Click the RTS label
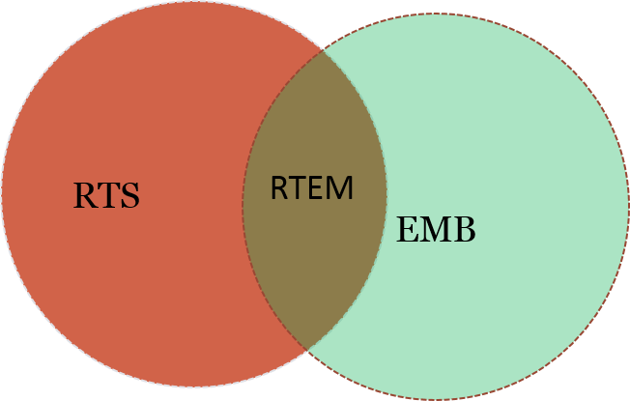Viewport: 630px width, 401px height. pyautogui.click(x=106, y=196)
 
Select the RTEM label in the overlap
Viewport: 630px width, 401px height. pyautogui.click(x=312, y=187)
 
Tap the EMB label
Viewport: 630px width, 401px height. pyautogui.click(x=436, y=230)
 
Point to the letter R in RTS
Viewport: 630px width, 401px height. pyautogui.click(x=85, y=196)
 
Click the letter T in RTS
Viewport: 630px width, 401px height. pyautogui.click(x=107, y=196)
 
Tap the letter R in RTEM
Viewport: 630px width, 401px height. pyautogui.click(x=279, y=187)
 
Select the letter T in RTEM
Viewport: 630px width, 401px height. pyautogui.click(x=297, y=187)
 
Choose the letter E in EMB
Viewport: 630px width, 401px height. pyautogui.click(x=407, y=230)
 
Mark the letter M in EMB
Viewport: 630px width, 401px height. pyautogui.click(x=434, y=230)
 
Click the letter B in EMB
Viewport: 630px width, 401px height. pyautogui.click(x=464, y=230)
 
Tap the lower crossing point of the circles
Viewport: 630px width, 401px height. pyautogui.click(x=307, y=349)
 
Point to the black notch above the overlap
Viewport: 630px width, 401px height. pyautogui.click(x=323, y=24)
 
